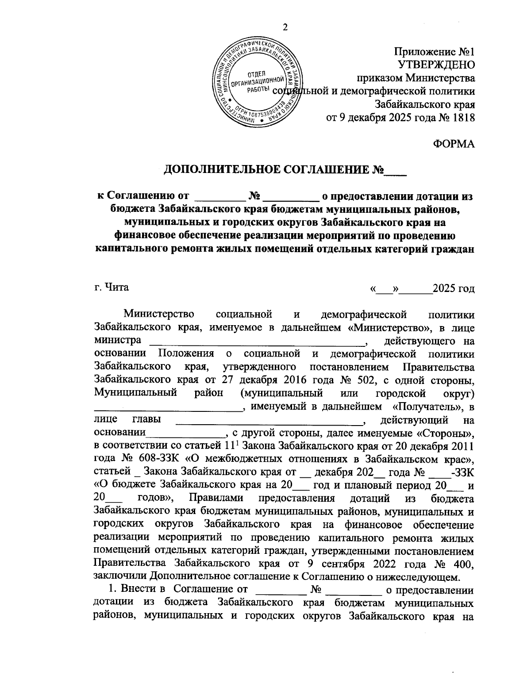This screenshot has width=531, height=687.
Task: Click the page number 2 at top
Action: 285,27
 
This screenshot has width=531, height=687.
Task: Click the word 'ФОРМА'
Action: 453,144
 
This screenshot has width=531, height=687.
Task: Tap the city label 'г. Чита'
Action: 112,287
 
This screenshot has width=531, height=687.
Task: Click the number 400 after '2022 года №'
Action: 465,564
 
